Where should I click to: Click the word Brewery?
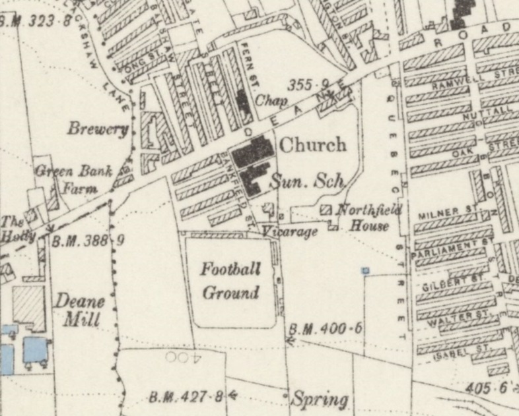click(x=97, y=129)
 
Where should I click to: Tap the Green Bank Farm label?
click(x=68, y=178)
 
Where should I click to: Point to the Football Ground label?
click(x=230, y=281)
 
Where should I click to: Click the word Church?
click(x=313, y=144)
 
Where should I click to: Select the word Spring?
click(x=320, y=399)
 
